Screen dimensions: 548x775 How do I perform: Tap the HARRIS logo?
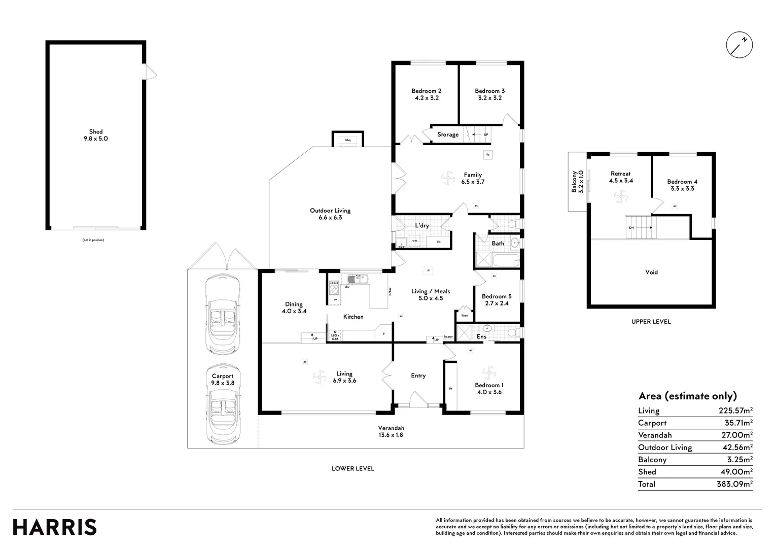[55, 527]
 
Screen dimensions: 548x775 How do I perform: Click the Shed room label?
[96, 135]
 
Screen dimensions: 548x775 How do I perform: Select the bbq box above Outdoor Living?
[348, 140]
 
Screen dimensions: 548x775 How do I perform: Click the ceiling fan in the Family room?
[449, 177]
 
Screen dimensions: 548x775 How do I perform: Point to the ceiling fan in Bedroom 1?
[488, 373]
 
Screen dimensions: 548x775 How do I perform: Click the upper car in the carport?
[222, 316]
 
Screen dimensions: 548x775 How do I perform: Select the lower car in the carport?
[222, 406]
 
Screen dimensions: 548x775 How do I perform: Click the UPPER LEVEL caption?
[651, 321]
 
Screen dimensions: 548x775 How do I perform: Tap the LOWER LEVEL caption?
[353, 468]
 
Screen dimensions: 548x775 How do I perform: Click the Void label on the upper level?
[651, 272]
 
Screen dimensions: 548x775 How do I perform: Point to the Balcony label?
[577, 181]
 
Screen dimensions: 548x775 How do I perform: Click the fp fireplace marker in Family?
[487, 154]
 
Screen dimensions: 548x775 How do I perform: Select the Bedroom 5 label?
[497, 299]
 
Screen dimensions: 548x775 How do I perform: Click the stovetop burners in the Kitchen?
[334, 288]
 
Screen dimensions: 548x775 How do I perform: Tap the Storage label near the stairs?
[448, 134]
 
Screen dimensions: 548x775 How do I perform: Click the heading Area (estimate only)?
[687, 396]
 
